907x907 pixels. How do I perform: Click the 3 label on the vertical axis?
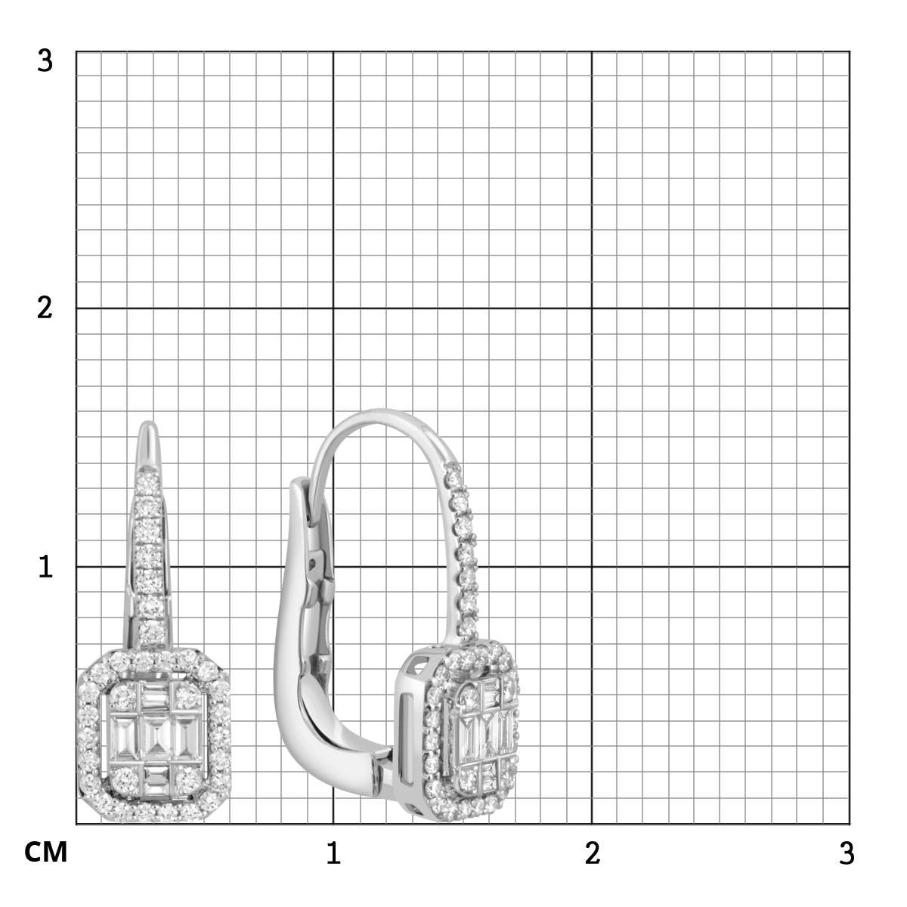(45, 61)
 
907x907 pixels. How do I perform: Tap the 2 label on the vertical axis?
(45, 308)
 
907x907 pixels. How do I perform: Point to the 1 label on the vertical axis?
(45, 567)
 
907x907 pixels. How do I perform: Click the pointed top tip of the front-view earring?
(149, 422)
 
